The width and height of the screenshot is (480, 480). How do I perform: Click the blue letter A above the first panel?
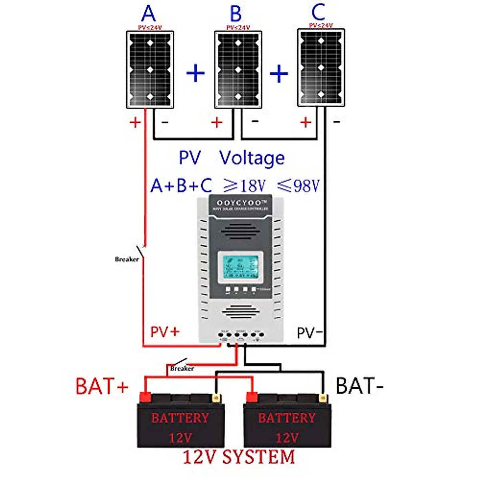[148, 14]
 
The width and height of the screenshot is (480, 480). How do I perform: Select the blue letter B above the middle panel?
[236, 14]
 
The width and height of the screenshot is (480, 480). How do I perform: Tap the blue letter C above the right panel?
[318, 12]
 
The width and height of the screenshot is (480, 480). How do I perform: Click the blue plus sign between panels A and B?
[196, 74]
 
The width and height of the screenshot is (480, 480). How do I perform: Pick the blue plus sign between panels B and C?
[279, 74]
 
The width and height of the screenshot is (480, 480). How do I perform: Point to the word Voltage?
[252, 158]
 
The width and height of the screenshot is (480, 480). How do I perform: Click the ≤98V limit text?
[299, 186]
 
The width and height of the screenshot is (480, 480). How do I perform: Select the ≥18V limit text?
[244, 186]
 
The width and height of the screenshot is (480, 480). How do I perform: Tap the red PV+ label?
[165, 332]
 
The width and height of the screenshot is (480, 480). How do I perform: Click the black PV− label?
[310, 332]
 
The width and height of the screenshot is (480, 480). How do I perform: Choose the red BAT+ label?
[102, 386]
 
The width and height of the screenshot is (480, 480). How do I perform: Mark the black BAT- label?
[360, 386]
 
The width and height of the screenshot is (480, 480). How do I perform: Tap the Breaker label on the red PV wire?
[127, 259]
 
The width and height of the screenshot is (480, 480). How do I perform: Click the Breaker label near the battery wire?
[182, 368]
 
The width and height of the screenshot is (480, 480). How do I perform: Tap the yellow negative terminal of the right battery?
[323, 398]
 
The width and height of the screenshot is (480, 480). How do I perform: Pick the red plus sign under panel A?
[135, 122]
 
